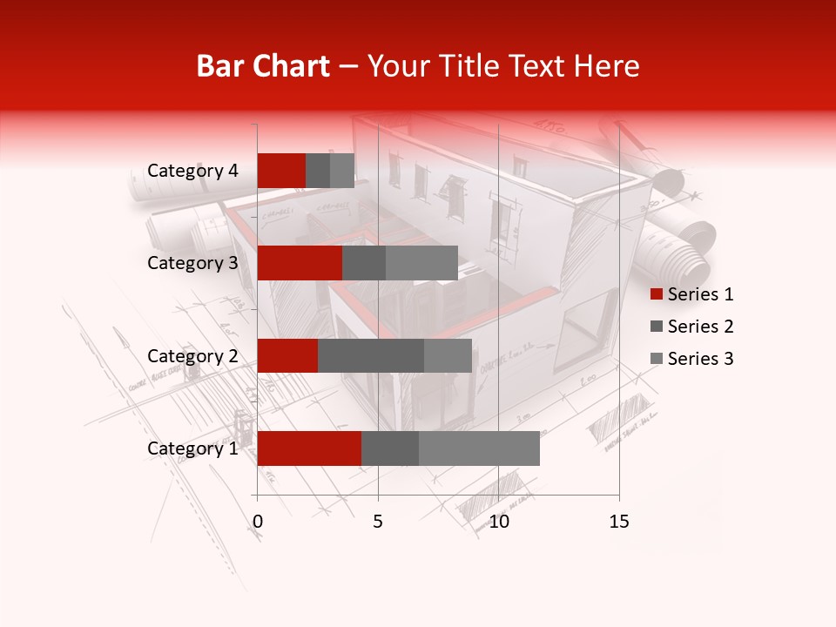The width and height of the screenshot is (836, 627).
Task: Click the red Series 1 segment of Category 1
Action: pos(309,448)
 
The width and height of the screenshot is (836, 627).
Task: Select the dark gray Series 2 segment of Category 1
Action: pos(390,448)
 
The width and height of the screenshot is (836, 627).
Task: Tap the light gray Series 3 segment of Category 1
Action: pos(479,448)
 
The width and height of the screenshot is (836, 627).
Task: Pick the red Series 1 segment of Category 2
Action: pos(287,355)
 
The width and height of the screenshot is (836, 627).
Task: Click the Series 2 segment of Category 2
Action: pos(371,355)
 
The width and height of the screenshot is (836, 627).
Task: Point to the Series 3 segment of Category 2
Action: pos(448,355)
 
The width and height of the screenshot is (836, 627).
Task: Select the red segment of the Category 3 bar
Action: pos(300,263)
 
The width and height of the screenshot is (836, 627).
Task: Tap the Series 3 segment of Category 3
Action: pos(421,263)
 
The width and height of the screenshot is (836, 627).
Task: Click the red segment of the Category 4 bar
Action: pos(281,171)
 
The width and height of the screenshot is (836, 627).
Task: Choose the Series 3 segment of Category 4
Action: pos(342,171)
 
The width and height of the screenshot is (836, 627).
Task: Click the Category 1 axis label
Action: pos(192,448)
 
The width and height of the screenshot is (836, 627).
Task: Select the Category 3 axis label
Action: pos(192,263)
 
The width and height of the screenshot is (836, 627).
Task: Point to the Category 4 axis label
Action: pos(192,171)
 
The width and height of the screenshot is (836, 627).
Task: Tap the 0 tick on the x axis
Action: pos(258,522)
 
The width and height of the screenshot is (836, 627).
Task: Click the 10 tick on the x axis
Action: pos(498,522)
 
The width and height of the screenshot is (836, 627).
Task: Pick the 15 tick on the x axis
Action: pos(619,522)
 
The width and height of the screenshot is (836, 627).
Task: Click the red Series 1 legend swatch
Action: pos(656,294)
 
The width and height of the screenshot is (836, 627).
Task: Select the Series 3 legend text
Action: pos(701,359)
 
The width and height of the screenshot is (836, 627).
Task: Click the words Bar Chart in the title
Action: pos(263,66)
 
